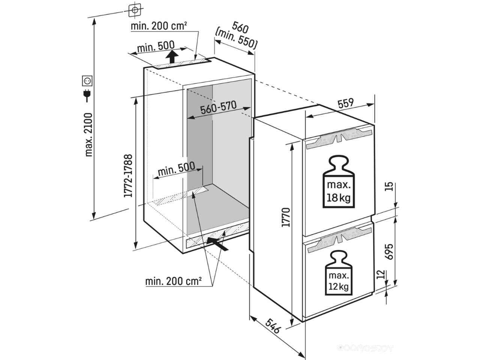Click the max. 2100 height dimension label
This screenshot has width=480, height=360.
pos(89,135)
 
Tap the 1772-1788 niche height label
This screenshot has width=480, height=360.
pos(128,176)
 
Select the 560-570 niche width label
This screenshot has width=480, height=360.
pos(219,108)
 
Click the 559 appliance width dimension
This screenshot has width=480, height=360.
pos(345,103)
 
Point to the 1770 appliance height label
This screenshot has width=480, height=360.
pos(286,217)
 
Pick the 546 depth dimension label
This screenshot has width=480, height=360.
pos(273,326)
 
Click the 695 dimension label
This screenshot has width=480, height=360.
pos(388,252)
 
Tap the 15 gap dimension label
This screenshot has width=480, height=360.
pos(388,186)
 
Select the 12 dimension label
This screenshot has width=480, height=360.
pos(381,274)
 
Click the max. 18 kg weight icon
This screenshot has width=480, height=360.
pos(339,181)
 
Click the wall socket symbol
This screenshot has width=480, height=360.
pos(87,81)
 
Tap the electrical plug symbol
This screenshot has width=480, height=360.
pos(87,95)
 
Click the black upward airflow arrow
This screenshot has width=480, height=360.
pos(172,57)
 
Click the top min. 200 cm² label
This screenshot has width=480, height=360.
pos(159,26)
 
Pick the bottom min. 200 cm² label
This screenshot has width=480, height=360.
pos(173,281)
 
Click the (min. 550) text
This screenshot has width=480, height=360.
pos(236,38)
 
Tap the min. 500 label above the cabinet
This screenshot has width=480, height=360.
pos(156,46)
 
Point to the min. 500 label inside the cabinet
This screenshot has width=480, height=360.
pos(176,169)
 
